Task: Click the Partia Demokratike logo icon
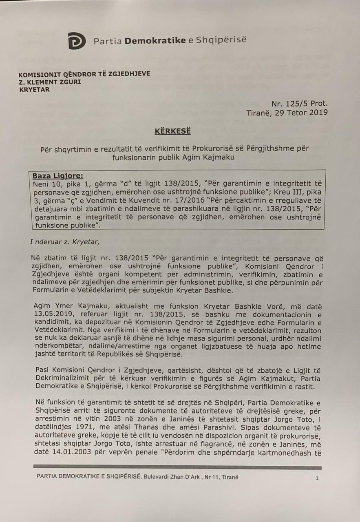77,41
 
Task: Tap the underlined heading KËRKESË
172,131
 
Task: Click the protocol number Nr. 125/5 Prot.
299,104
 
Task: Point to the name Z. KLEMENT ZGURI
50,82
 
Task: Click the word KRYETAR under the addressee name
34,90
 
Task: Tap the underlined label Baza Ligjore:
57,176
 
